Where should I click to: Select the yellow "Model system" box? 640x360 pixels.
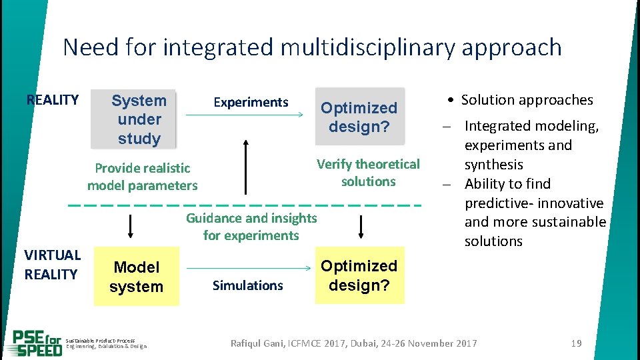click(136, 277)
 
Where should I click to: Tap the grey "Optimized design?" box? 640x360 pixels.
click(359, 117)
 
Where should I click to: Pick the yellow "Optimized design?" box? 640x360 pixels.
click(359, 275)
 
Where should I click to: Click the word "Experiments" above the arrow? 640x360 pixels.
click(251, 102)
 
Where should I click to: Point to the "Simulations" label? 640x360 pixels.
click(247, 285)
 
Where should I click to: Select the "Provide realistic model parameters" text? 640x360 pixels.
click(142, 177)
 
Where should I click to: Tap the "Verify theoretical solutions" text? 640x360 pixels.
click(368, 173)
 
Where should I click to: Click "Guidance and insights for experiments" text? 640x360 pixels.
click(251, 227)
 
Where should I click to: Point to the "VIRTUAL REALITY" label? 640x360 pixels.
click(52, 265)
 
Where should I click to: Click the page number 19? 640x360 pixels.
click(577, 343)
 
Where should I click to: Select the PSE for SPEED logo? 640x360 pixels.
click(37, 343)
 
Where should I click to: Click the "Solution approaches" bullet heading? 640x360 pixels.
click(527, 100)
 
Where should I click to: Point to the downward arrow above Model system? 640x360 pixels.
click(130, 225)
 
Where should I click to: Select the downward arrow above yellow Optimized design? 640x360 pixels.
click(361, 225)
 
